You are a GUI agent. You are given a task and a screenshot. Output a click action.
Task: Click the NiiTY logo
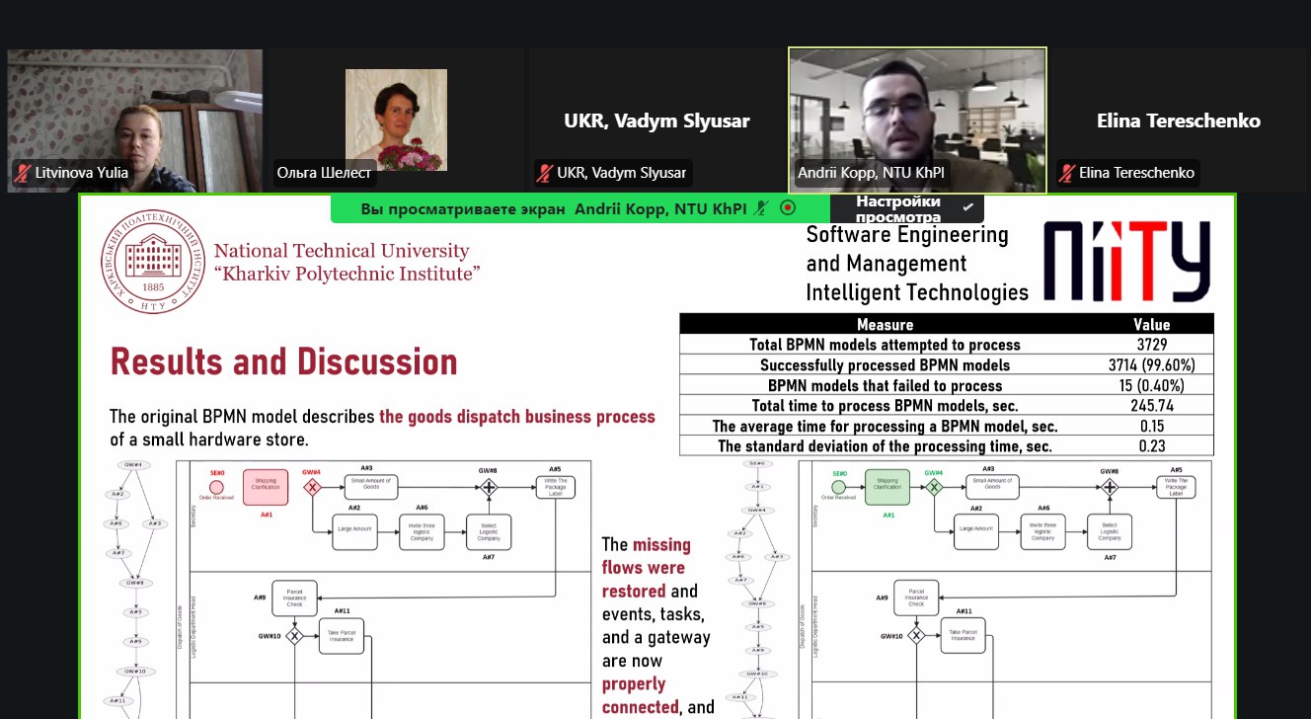pyautogui.click(x=1126, y=261)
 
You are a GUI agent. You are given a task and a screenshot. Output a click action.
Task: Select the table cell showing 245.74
pyautogui.click(x=1151, y=405)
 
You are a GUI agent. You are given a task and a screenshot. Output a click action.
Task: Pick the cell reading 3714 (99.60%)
pyautogui.click(x=1151, y=365)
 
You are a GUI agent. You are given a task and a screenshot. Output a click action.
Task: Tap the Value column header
pyautogui.click(x=1151, y=324)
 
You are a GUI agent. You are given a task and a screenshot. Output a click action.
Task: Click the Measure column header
pyautogui.click(x=885, y=324)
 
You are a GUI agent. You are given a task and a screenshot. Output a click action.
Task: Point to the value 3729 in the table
pyautogui.click(x=1151, y=345)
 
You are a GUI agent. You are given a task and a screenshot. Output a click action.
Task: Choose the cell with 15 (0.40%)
pyautogui.click(x=1151, y=386)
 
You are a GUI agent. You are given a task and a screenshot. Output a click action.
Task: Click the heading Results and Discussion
pyautogui.click(x=283, y=362)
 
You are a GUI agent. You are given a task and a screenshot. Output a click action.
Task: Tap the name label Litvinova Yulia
pyautogui.click(x=81, y=173)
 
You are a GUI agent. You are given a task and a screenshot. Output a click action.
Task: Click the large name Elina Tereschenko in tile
pyautogui.click(x=1178, y=121)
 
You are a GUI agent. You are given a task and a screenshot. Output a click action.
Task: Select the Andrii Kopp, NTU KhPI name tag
pyautogui.click(x=871, y=173)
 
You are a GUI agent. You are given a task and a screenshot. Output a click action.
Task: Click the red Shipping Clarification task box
pyautogui.click(x=266, y=487)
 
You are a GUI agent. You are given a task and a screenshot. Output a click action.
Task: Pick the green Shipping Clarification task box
pyautogui.click(x=887, y=487)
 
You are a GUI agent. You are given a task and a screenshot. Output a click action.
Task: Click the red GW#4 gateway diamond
pyautogui.click(x=313, y=487)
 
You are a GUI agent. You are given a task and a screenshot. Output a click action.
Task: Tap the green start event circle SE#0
pyautogui.click(x=838, y=487)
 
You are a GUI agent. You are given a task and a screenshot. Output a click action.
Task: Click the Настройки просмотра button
pyautogui.click(x=905, y=208)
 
